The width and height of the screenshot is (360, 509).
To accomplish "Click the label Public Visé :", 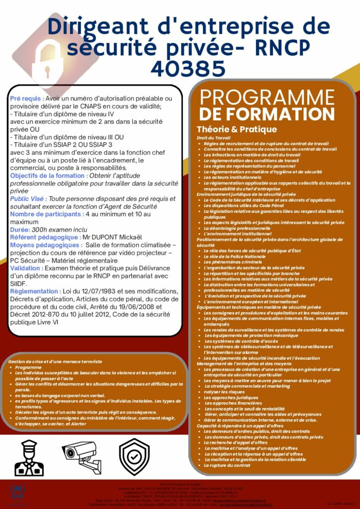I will coord(29,199).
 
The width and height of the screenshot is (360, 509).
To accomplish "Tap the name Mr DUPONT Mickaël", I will coord(113,238).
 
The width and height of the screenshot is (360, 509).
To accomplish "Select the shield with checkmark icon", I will coord(134,457).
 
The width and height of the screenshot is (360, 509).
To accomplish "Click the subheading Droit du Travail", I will coord(213,138).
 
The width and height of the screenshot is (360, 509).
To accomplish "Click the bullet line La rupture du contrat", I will coord(227,466).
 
